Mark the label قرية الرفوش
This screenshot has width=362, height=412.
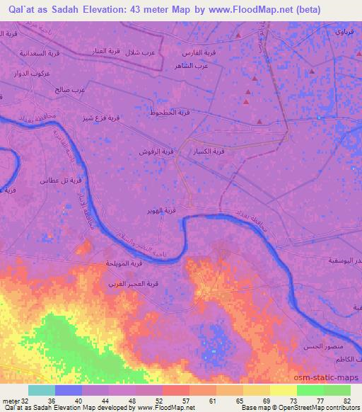pyautogui.click(x=158, y=151)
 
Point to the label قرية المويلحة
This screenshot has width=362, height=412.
pyautogui.click(x=126, y=263)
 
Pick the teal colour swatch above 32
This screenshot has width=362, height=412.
pyautogui.click(x=42, y=390)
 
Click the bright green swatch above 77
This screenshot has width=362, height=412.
pyautogui.click(x=310, y=390)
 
